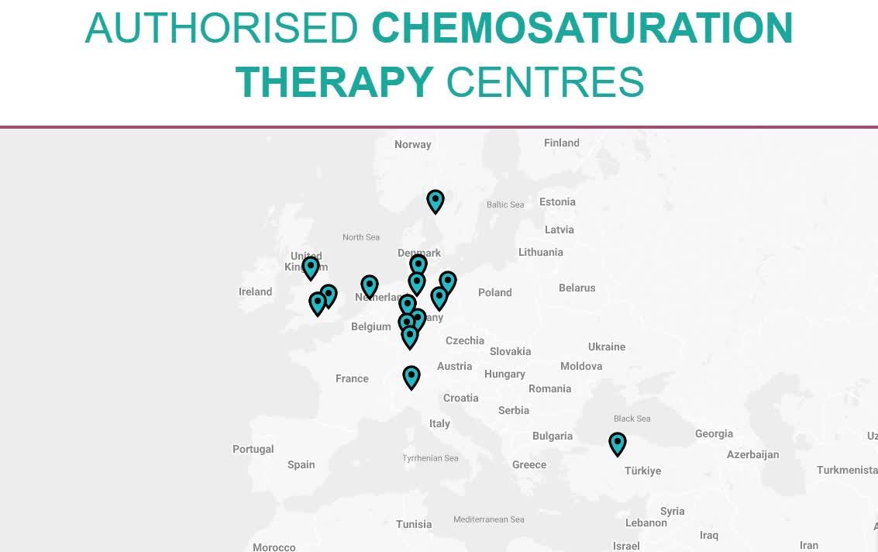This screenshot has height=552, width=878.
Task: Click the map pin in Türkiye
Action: click(x=617, y=443)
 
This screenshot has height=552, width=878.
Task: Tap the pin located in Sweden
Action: click(x=436, y=201)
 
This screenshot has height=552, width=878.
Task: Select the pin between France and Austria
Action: click(x=411, y=377)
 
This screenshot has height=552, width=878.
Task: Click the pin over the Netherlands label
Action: click(x=370, y=287)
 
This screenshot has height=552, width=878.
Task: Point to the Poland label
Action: click(x=494, y=292)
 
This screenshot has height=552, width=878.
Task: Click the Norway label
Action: click(x=412, y=144)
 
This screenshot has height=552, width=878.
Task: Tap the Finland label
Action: click(x=561, y=143)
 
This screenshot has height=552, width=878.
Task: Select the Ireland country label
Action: click(x=255, y=292)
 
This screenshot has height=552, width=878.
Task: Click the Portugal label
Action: click(x=253, y=449)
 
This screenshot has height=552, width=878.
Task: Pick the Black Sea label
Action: click(x=632, y=419)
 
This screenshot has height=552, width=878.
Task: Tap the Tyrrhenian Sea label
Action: click(x=430, y=458)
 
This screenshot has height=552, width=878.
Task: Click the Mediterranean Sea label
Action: click(x=488, y=519)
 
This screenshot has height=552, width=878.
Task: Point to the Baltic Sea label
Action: click(x=505, y=205)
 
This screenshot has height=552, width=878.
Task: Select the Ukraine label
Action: click(x=606, y=347)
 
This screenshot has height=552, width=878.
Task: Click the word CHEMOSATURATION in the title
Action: click(x=582, y=28)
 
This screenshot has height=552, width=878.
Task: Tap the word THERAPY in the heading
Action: click(x=334, y=82)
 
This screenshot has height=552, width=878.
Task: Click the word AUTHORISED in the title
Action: click(x=221, y=28)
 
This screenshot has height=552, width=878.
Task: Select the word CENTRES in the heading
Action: click(x=545, y=82)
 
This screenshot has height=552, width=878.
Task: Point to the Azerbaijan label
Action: click(x=752, y=454)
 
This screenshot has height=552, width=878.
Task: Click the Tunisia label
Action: click(x=414, y=524)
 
